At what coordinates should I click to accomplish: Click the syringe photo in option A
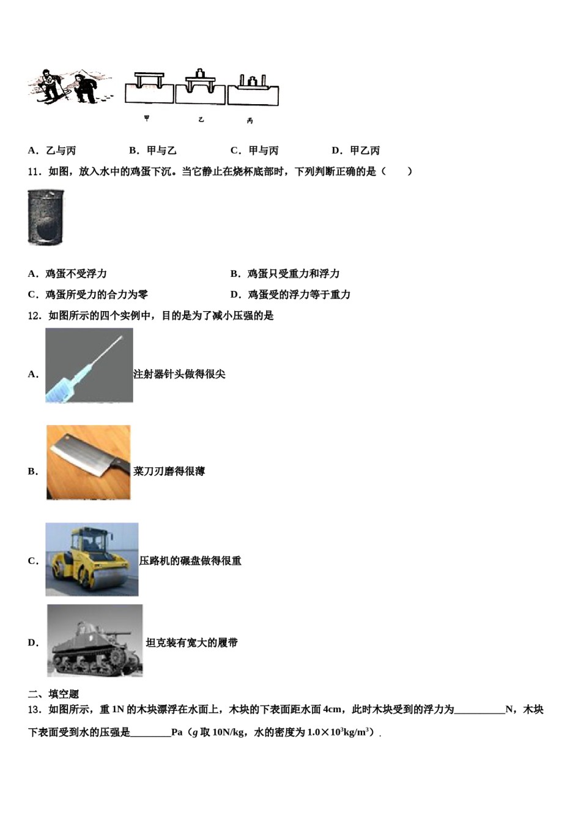[89, 366]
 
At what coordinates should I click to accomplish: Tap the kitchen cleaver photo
[89, 462]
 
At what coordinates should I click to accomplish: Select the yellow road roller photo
[92, 559]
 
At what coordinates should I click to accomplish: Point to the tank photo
[95, 641]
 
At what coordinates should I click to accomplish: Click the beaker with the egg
[45, 217]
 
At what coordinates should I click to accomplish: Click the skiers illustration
[69, 87]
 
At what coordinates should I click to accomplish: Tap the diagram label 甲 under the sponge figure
[147, 118]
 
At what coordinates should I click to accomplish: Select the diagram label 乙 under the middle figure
[201, 119]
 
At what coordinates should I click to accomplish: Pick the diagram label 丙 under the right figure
[250, 121]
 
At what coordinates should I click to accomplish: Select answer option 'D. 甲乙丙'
[356, 151]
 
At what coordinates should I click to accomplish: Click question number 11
[34, 171]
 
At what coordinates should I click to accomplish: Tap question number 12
[34, 315]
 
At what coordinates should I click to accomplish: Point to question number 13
[34, 709]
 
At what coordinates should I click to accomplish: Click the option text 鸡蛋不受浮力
[76, 274]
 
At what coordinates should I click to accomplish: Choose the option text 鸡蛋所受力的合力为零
[96, 295]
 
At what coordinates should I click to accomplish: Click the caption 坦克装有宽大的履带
[191, 642]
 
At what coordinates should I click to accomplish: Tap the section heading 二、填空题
[54, 694]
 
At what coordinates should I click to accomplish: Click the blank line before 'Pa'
[150, 732]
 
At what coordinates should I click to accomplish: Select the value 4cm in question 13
[332, 709]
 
